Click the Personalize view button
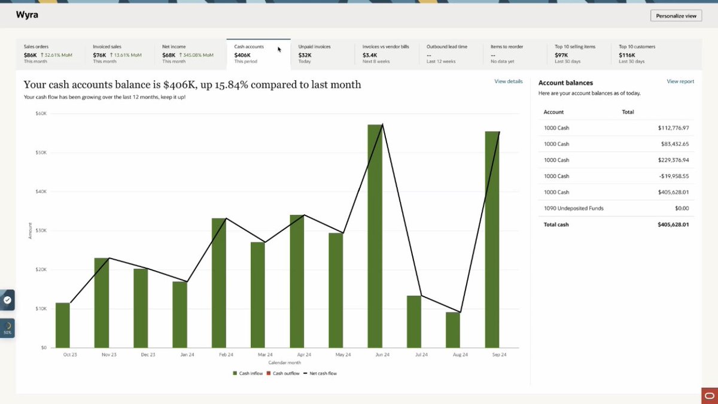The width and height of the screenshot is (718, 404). point(676,16)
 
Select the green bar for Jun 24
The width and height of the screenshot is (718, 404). point(375,236)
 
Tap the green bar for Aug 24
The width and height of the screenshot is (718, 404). point(453,330)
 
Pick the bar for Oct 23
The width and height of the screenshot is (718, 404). point(62,325)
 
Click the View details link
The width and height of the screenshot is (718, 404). point(509,81)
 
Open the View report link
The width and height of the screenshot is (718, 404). point(680,81)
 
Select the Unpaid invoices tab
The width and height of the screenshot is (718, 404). point(323,54)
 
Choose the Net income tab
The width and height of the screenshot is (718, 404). point(189,54)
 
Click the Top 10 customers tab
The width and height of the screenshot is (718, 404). point(656,54)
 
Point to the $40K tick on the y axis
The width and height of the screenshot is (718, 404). point(41,192)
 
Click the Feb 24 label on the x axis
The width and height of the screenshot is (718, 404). point(226,354)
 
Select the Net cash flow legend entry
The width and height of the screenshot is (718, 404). point(320,373)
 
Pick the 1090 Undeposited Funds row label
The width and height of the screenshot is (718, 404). point(573,208)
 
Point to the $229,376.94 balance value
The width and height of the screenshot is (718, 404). point(674,160)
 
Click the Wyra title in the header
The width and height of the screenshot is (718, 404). point(27,15)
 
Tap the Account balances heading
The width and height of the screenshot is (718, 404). point(565,83)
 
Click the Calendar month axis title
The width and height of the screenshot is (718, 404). point(285,363)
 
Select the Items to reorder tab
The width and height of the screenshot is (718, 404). point(515,54)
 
